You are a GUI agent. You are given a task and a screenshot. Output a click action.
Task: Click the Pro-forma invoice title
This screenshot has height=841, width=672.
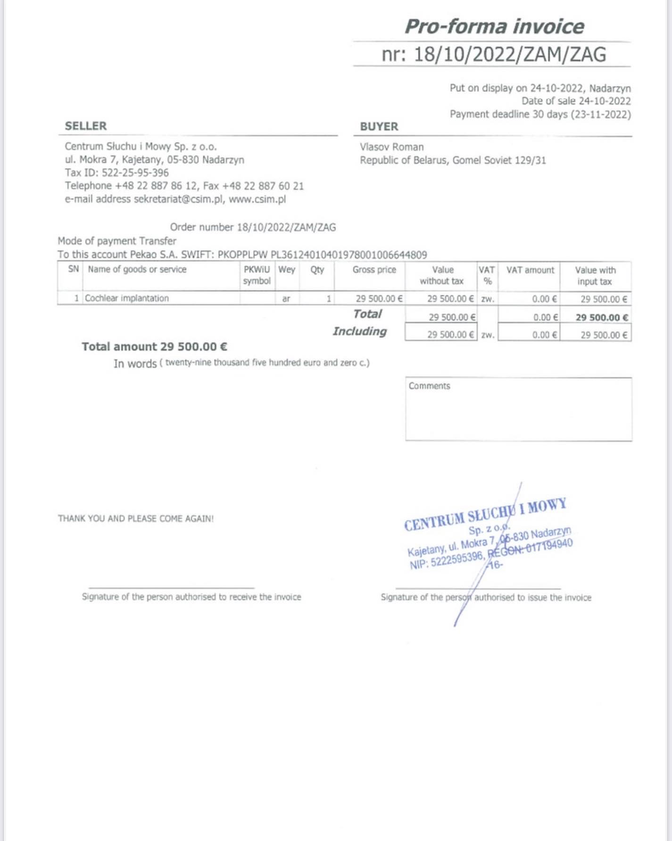coord(494,26)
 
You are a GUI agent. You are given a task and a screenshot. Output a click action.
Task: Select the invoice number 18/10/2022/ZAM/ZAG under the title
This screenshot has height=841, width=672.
coord(509,55)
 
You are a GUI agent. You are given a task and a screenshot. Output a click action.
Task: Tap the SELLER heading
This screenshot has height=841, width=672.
coord(86,126)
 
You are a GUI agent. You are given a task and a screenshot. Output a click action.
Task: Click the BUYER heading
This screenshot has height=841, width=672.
coord(379,126)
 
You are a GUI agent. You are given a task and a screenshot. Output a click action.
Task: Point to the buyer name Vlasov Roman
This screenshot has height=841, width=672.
coord(391,147)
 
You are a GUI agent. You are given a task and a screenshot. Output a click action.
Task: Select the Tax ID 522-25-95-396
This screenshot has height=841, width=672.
coord(135,173)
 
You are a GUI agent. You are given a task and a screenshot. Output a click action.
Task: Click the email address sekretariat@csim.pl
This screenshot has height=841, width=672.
coord(178,199)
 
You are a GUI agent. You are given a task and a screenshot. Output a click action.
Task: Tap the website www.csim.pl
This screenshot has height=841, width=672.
coord(257,199)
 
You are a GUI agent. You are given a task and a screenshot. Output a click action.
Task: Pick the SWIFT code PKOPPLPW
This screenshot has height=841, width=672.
coord(242,255)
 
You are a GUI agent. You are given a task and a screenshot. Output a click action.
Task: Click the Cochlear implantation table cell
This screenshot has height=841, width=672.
coord(127,298)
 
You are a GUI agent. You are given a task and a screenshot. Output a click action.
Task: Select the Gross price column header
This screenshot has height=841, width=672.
coord(374,270)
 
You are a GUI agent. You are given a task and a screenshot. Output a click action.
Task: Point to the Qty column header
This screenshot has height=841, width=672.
coord(317,270)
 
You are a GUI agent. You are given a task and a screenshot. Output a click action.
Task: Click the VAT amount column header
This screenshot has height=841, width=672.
coord(530,270)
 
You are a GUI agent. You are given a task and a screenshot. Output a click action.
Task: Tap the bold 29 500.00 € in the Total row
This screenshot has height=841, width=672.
coord(601,317)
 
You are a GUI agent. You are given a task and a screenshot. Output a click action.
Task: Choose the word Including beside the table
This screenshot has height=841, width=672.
coord(359,331)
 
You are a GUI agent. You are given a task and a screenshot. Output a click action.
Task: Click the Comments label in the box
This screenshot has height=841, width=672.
coord(429,386)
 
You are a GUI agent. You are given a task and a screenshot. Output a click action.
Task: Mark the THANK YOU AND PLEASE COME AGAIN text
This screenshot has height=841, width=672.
coord(136,518)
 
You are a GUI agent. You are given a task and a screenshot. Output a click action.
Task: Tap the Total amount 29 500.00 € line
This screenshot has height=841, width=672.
coord(154,347)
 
